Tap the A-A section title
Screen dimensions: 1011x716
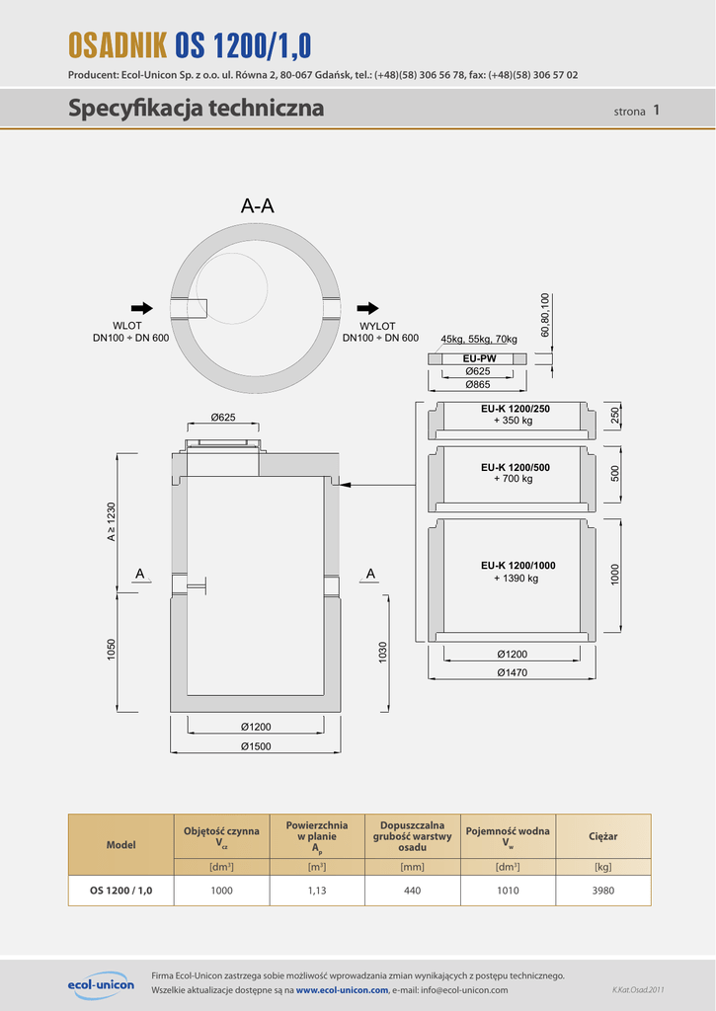[257, 206]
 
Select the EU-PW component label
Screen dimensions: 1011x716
[478, 358]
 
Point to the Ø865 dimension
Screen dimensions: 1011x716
[478, 384]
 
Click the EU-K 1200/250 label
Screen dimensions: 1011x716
[515, 409]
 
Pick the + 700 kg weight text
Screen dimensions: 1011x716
[513, 479]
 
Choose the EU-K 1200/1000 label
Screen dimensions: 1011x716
[517, 566]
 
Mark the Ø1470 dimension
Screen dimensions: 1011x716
[511, 672]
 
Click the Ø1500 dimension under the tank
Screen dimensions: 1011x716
[255, 746]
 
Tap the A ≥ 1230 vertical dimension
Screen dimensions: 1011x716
[113, 521]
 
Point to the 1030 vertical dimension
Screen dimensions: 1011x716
[383, 653]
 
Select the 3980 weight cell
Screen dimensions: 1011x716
[603, 890]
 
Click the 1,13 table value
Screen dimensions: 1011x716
[317, 890]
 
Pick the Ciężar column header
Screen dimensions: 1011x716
[603, 836]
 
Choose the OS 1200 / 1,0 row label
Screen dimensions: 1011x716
[120, 890]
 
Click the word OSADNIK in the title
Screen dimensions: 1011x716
[117, 44]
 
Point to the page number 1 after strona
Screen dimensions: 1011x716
[656, 111]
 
